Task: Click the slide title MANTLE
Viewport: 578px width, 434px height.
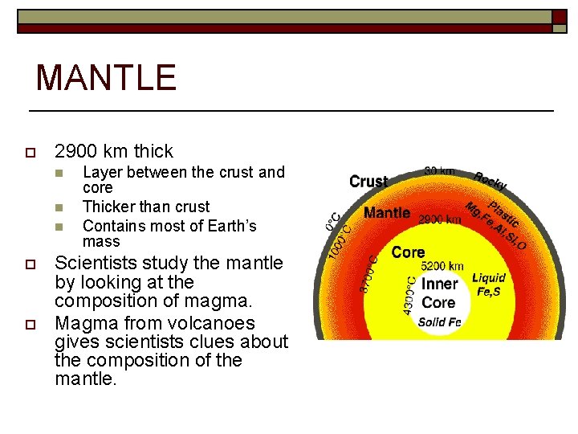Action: tap(105, 78)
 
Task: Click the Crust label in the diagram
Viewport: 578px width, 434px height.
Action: tap(368, 182)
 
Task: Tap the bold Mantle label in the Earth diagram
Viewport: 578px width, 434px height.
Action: tap(387, 214)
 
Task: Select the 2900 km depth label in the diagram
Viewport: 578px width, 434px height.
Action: tap(439, 219)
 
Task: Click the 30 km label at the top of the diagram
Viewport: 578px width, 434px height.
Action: tap(439, 170)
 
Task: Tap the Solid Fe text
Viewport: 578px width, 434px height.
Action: tap(439, 322)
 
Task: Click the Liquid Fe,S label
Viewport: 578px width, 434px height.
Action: tap(488, 285)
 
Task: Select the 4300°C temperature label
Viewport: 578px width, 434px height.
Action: tap(411, 295)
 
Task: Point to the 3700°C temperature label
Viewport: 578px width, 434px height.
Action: tap(372, 274)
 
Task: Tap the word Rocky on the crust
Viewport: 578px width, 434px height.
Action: tap(490, 182)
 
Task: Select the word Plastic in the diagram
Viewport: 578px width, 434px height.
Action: tap(504, 212)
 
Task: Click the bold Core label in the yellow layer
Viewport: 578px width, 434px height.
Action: tap(408, 252)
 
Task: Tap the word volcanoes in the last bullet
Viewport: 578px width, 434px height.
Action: tap(210, 323)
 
